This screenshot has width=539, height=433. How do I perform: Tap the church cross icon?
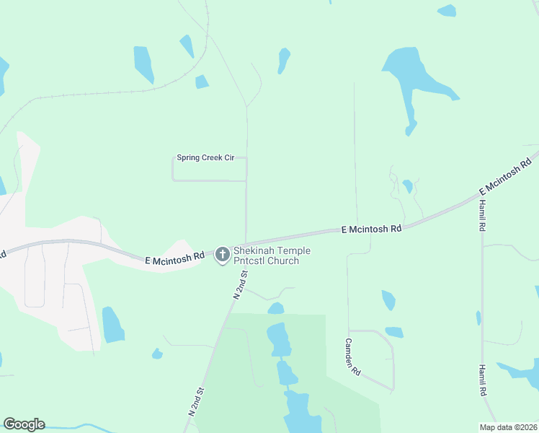tap(222, 254)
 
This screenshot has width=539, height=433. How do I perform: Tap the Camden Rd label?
tap(352, 357)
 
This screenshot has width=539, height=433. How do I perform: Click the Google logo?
tap(24, 424)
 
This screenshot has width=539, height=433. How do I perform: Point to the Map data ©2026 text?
tap(509, 427)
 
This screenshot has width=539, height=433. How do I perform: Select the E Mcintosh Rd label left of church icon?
tap(174, 258)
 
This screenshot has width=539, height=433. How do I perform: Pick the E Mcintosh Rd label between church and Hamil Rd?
tap(371, 229)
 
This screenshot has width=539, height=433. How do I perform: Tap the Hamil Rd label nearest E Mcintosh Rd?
tap(482, 215)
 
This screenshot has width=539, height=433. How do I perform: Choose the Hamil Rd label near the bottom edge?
tap(483, 380)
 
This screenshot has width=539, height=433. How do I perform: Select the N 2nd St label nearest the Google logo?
tap(197, 401)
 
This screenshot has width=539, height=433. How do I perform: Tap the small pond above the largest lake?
tap(284, 59)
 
